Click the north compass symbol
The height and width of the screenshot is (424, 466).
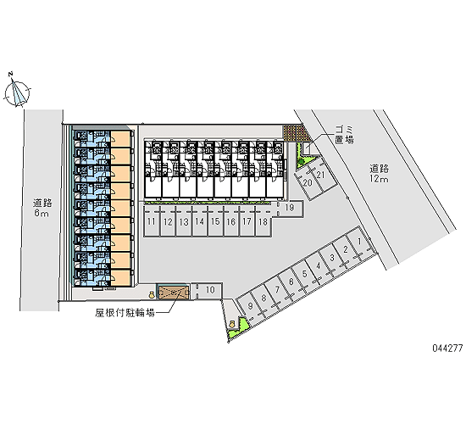tap(17, 93)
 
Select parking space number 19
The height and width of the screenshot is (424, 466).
tap(290, 209)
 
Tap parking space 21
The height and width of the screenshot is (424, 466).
tap(322, 176)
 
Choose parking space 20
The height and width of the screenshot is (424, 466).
tap(307, 183)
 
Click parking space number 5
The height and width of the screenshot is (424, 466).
tap(306, 275)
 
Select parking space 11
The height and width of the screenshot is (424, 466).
tap(152, 221)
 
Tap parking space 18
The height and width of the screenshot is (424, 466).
tap(264, 221)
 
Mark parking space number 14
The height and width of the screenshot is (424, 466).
tap(200, 221)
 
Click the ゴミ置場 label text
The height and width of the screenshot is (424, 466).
tap(345, 135)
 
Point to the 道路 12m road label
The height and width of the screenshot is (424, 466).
tap(380, 174)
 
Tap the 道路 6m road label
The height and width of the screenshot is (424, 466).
tap(42, 208)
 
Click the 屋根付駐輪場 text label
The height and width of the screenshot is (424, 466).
tap(125, 313)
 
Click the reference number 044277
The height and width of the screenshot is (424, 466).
tap(447, 348)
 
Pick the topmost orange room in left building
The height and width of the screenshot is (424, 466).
tap(120, 139)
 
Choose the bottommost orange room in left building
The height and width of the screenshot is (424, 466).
tap(120, 278)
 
